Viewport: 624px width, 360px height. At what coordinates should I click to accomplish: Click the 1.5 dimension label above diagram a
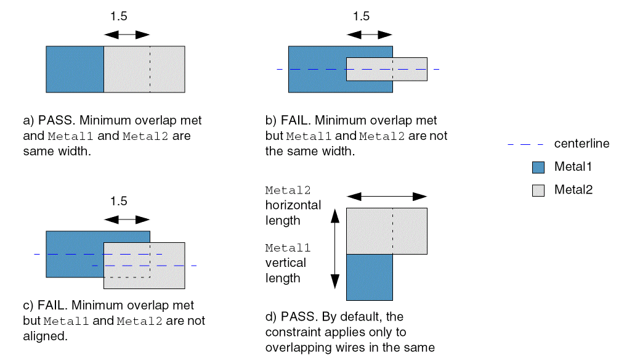119,17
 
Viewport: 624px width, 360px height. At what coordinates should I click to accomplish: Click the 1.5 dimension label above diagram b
362,17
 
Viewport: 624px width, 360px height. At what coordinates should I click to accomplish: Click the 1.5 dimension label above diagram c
119,202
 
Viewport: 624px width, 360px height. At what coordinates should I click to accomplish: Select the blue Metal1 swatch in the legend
538,167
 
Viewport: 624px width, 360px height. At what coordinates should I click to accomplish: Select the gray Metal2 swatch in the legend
538,190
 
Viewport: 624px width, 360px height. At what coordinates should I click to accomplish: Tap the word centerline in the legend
581,144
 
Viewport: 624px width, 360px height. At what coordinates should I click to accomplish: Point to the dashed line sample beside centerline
525,144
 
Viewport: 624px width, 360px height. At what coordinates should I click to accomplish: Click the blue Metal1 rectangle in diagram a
75,69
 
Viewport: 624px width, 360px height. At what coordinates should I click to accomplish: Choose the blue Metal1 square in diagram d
370,277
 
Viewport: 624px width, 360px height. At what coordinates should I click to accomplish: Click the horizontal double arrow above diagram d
387,197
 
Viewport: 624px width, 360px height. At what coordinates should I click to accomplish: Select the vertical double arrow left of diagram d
334,248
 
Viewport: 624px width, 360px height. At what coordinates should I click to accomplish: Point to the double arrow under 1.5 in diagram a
126,35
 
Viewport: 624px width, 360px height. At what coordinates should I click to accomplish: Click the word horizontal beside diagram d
293,205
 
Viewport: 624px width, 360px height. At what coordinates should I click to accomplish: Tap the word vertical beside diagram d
285,263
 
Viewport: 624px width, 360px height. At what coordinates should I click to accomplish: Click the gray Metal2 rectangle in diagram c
166,271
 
